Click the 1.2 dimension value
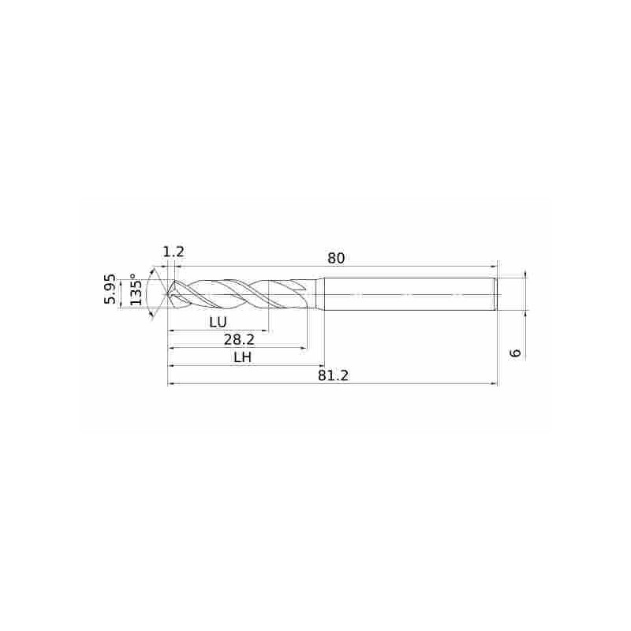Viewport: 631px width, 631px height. tap(174, 252)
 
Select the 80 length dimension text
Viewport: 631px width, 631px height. tap(336, 258)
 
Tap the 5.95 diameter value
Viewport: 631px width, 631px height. tap(110, 289)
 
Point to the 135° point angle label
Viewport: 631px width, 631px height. tap(136, 289)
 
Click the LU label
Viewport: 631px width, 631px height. tap(218, 322)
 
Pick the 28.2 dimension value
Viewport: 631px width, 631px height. tap(239, 340)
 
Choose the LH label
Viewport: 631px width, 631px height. tap(243, 357)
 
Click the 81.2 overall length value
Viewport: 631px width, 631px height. tap(333, 375)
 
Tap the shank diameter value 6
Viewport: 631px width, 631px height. tap(515, 353)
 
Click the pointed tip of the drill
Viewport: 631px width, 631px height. tap(168, 294)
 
